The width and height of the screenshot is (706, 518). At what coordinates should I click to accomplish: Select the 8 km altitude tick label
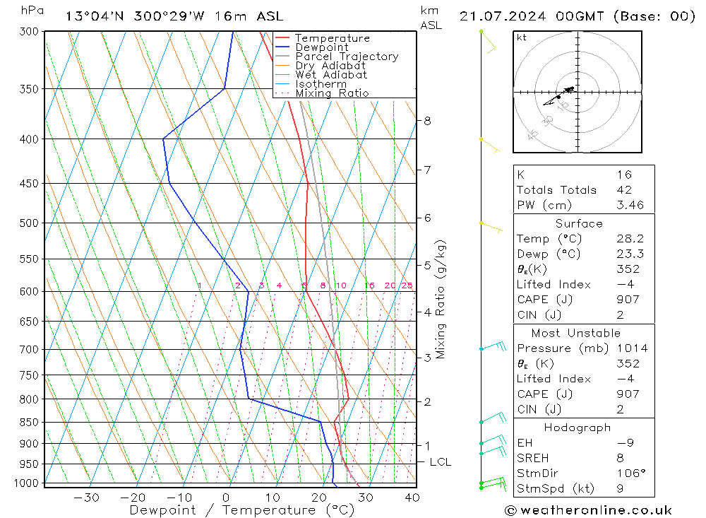(427, 121)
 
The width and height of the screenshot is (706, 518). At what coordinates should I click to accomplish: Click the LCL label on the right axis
(440, 462)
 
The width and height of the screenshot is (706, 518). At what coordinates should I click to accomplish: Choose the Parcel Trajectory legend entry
(346, 57)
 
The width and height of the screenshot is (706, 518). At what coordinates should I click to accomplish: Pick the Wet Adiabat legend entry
(331, 75)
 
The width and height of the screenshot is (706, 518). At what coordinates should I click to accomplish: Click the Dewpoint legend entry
(322, 47)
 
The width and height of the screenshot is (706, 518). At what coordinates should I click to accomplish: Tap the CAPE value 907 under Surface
(628, 300)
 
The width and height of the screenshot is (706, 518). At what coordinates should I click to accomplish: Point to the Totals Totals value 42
(624, 190)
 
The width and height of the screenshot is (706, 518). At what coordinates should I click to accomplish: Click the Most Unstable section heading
(576, 333)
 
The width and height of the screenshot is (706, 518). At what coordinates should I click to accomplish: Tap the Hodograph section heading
(578, 428)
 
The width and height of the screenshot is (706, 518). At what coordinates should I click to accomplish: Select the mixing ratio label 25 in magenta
(407, 286)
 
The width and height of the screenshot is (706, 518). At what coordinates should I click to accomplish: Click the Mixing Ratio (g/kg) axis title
(441, 299)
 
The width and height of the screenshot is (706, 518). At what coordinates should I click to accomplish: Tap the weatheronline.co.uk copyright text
(588, 510)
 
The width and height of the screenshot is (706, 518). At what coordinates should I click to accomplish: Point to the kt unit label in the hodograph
(521, 37)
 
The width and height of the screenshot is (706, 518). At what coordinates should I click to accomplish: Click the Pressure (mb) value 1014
(632, 348)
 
